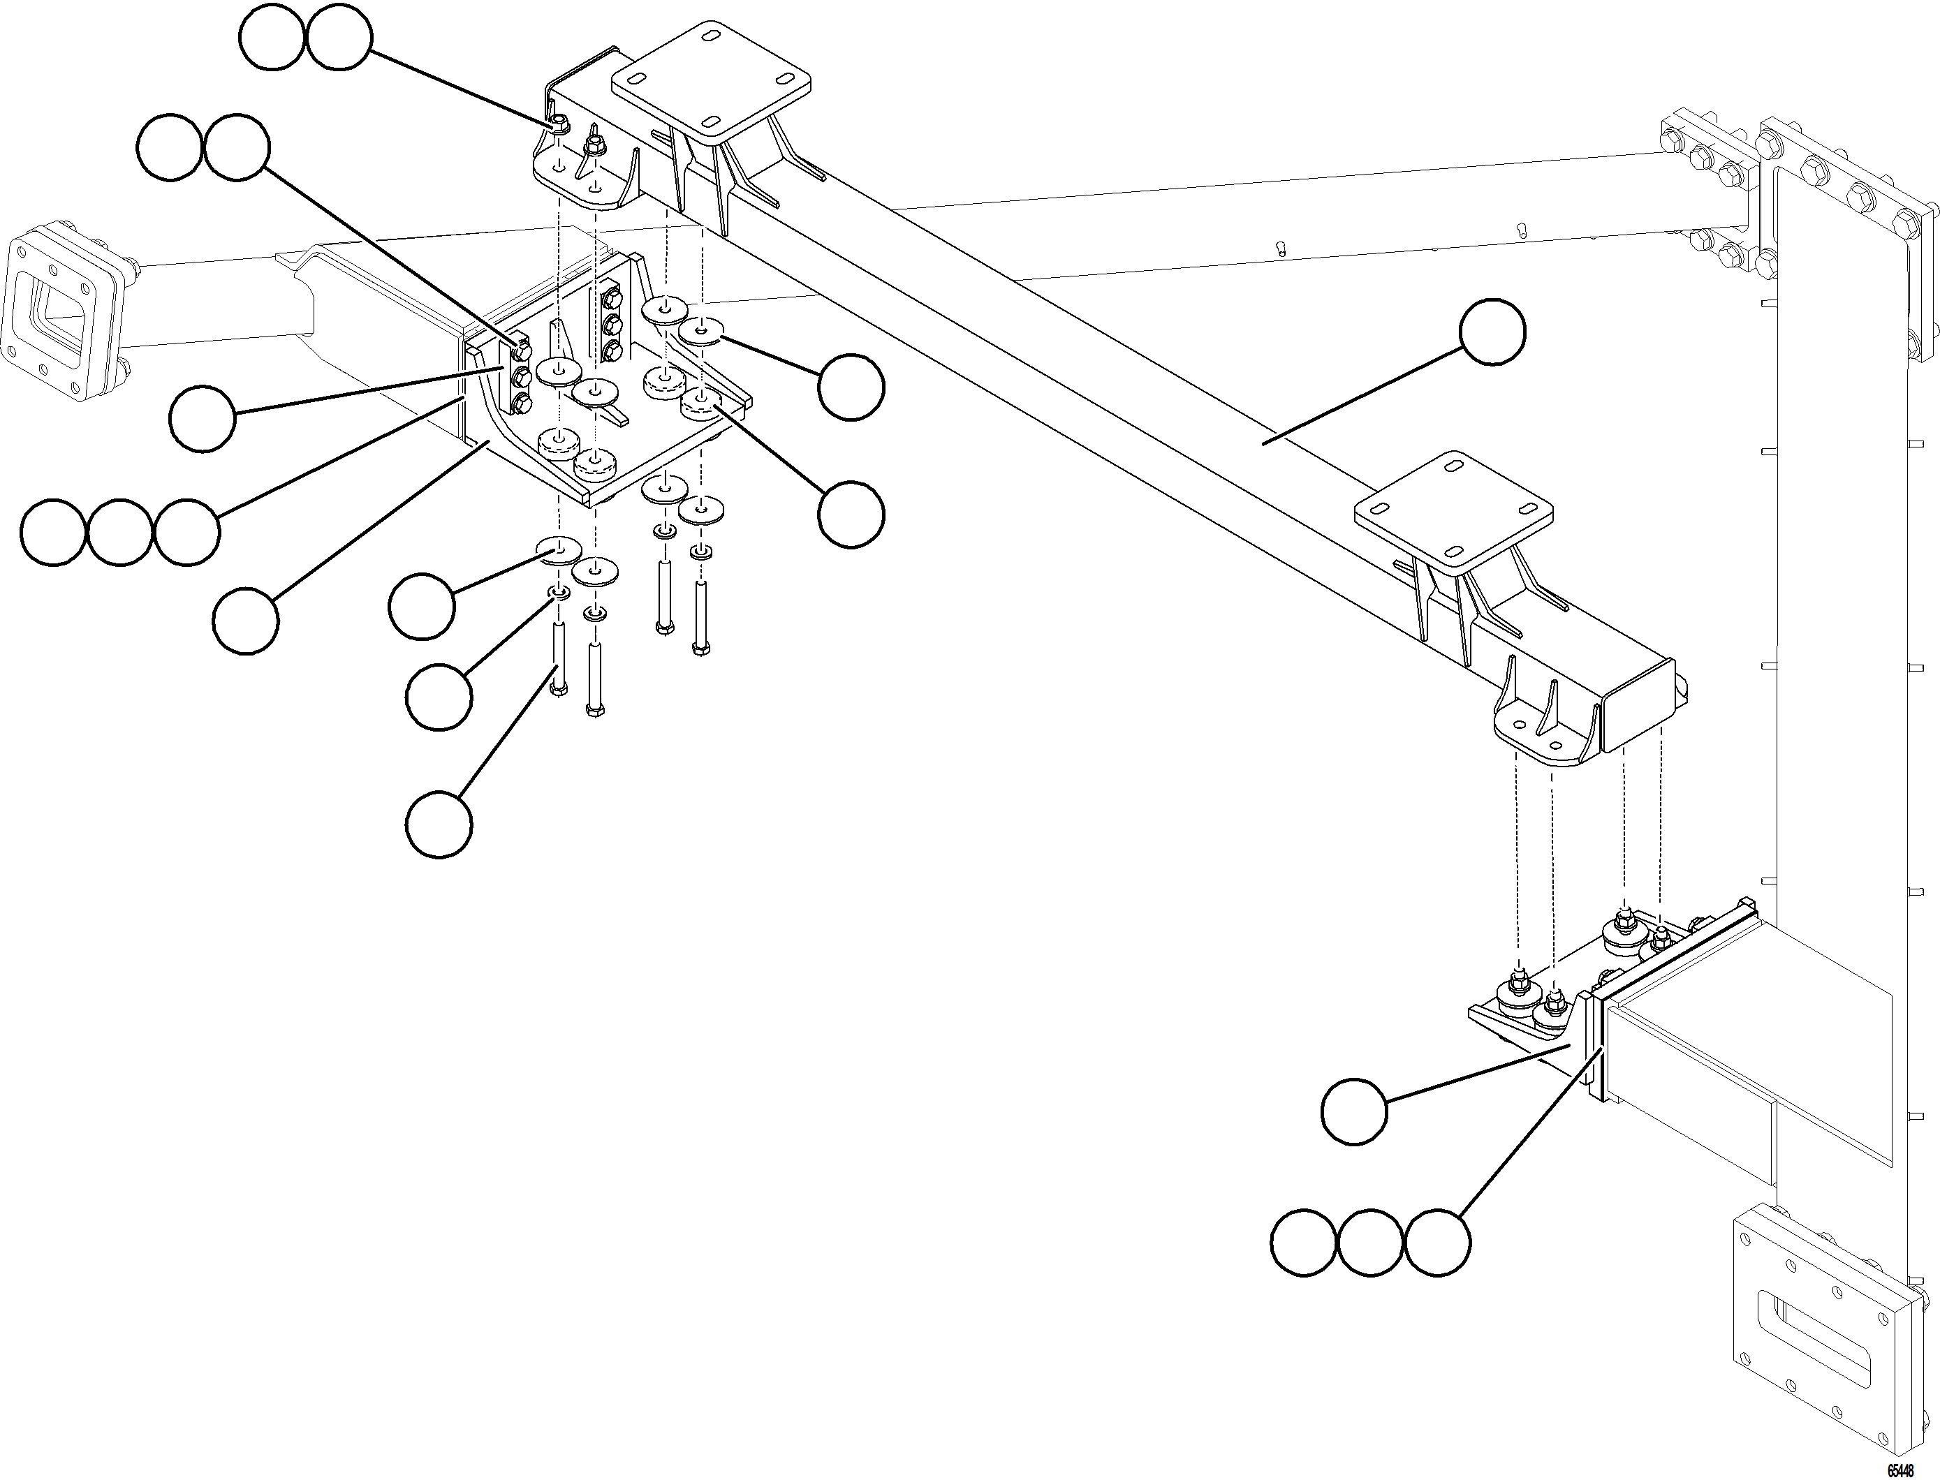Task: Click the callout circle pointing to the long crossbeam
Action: click(x=1492, y=330)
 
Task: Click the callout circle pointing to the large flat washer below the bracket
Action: click(x=422, y=606)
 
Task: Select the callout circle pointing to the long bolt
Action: click(x=439, y=824)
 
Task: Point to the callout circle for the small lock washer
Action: click(x=439, y=697)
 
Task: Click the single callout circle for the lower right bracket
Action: click(x=1355, y=1112)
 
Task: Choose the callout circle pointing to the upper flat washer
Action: click(x=850, y=387)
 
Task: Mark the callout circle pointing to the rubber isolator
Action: click(x=850, y=515)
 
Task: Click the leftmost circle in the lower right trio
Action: click(x=1304, y=1243)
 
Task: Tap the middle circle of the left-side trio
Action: click(x=121, y=532)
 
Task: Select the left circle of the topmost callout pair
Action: click(x=272, y=38)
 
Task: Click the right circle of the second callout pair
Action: click(x=236, y=147)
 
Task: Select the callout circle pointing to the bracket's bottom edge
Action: click(x=246, y=621)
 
